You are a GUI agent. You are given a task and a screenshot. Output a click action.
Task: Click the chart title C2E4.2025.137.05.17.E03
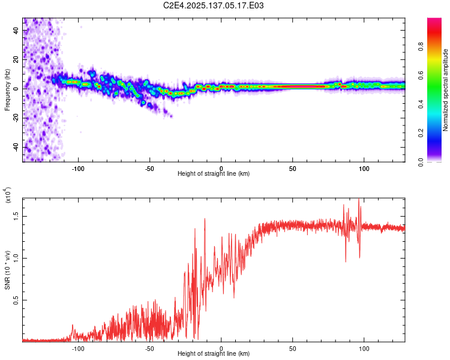(x=214, y=6)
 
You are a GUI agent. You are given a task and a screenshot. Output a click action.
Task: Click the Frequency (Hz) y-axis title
(x=7, y=90)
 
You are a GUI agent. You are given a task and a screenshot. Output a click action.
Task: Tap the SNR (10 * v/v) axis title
(x=7, y=268)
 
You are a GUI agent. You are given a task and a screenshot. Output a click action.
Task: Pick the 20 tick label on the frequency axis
(x=16, y=59)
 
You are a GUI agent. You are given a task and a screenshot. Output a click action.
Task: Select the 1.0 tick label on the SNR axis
(x=16, y=258)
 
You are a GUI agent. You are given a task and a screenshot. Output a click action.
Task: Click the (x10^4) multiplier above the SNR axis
(x=8, y=196)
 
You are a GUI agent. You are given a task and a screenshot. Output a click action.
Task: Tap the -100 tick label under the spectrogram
(x=78, y=169)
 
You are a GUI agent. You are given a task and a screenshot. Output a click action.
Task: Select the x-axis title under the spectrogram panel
(x=214, y=174)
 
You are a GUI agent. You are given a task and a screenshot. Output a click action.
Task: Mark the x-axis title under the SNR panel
(x=214, y=354)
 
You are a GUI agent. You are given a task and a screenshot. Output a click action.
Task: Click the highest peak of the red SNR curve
(x=359, y=200)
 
